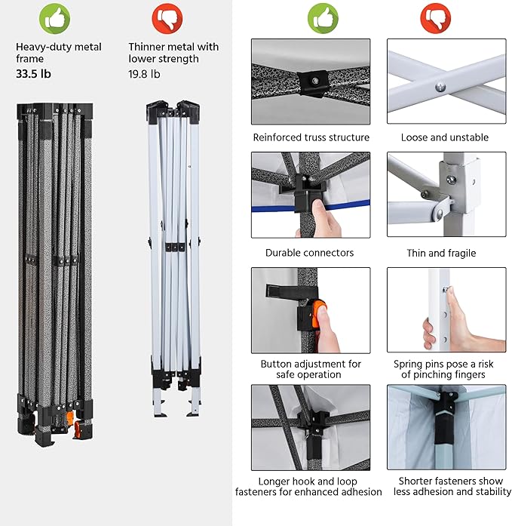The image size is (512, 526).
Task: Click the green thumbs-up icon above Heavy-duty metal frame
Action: [54, 18]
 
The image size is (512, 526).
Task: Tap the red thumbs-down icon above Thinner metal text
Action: [167, 18]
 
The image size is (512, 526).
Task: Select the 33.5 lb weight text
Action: [33, 74]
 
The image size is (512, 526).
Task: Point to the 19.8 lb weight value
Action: [145, 74]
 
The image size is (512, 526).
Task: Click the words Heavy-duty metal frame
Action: [59, 53]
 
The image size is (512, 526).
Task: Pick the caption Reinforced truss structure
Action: [311, 137]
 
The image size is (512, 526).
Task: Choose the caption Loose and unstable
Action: [445, 137]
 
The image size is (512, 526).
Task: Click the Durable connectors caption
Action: [310, 253]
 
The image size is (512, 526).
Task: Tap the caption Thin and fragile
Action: [441, 253]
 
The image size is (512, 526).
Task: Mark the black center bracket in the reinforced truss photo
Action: [313, 83]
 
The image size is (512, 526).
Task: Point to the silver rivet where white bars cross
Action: [440, 88]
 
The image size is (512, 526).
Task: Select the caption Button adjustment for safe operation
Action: [311, 369]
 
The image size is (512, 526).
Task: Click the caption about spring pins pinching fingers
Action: [443, 369]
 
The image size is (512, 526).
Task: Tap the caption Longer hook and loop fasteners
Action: [308, 487]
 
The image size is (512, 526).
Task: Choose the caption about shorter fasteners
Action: [452, 486]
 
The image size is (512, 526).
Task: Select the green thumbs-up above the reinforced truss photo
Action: [323, 18]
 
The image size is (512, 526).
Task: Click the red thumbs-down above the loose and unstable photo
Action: [435, 18]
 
